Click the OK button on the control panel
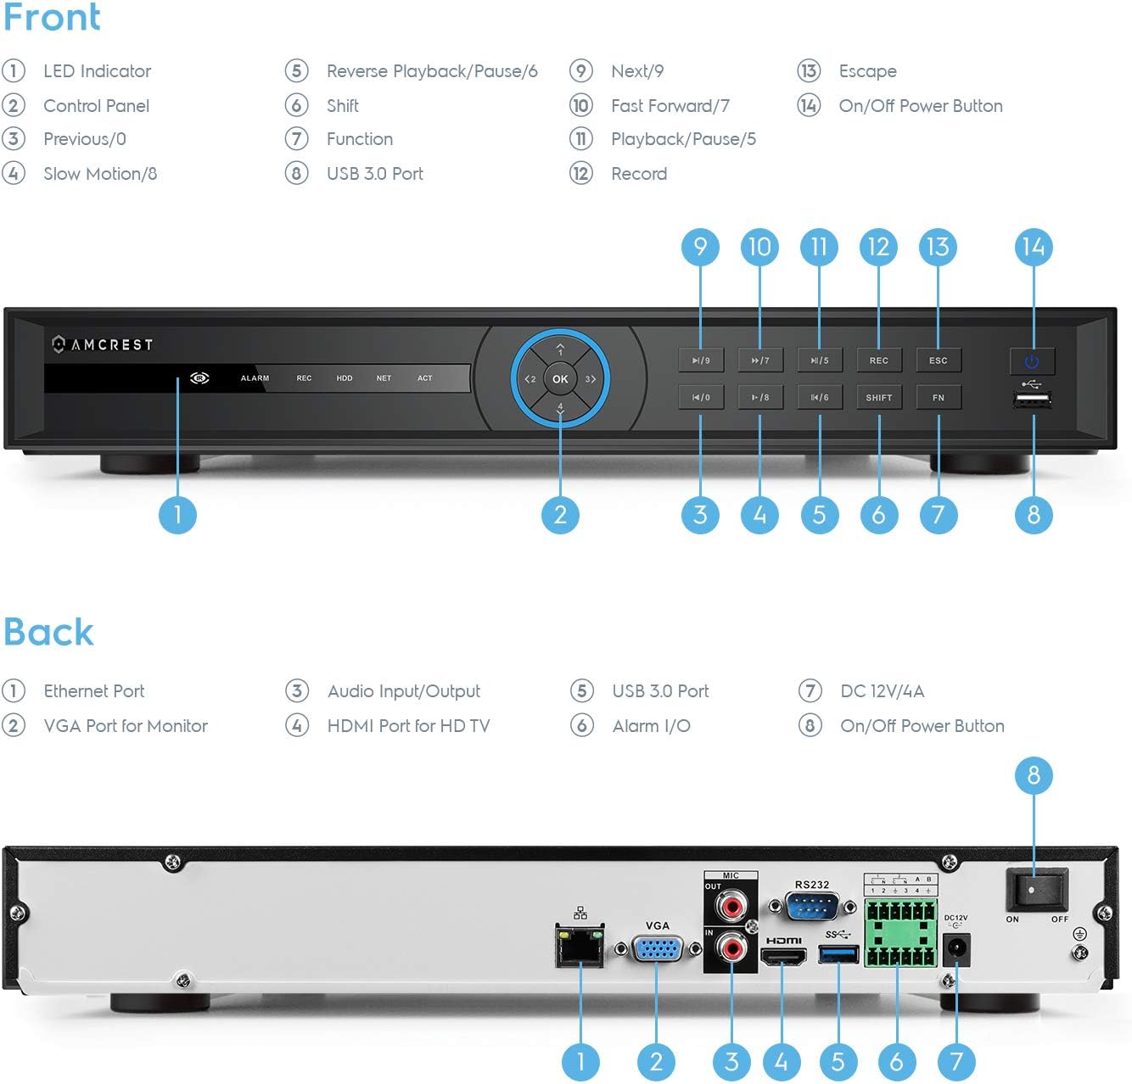(560, 379)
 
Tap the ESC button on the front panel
(938, 360)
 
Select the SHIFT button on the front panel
(878, 397)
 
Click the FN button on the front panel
(938, 397)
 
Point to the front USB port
(1032, 400)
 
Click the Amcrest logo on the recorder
(102, 344)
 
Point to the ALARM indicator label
(255, 378)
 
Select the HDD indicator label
(344, 378)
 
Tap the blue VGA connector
(657, 948)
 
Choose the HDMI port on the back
(783, 957)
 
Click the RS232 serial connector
(812, 907)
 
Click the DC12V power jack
(957, 949)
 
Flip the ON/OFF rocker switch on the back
(1036, 890)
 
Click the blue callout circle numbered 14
(1033, 247)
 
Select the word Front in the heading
(52, 17)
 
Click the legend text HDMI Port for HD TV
(408, 726)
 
